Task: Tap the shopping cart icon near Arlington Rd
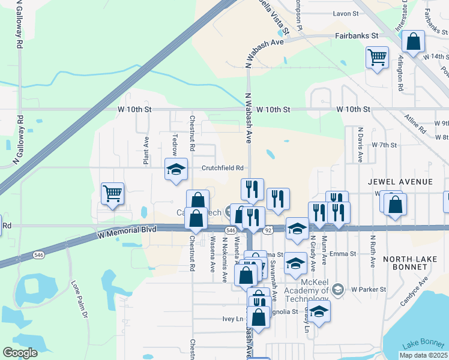(x=377, y=58)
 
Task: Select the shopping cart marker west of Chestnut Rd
(x=112, y=194)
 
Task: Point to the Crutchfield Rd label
(x=223, y=168)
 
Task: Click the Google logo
(x=20, y=353)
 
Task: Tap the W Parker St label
(x=369, y=289)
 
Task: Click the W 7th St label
(x=385, y=145)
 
